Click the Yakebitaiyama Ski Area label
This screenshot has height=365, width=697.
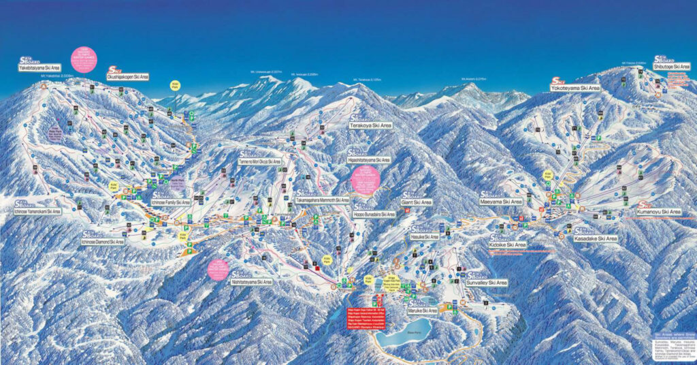[39, 67]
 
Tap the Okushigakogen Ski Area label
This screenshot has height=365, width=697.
[127, 77]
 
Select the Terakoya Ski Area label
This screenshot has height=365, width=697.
[371, 126]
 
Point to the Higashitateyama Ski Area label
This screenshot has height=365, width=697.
[368, 160]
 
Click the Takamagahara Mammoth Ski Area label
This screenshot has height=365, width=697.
[322, 201]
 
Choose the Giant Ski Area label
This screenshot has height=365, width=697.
[417, 202]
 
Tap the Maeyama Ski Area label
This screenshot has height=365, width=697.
[501, 202]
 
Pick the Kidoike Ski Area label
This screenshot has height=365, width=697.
[507, 244]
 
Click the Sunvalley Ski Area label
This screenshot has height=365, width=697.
[487, 282]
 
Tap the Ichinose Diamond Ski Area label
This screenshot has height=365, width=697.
[103, 242]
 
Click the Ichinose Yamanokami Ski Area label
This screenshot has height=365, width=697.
[37, 211]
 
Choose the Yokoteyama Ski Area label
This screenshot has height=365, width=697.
[575, 89]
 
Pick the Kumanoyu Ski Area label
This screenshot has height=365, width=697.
[658, 212]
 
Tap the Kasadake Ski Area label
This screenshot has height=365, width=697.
[596, 239]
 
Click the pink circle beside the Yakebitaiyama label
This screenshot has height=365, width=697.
[84, 59]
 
